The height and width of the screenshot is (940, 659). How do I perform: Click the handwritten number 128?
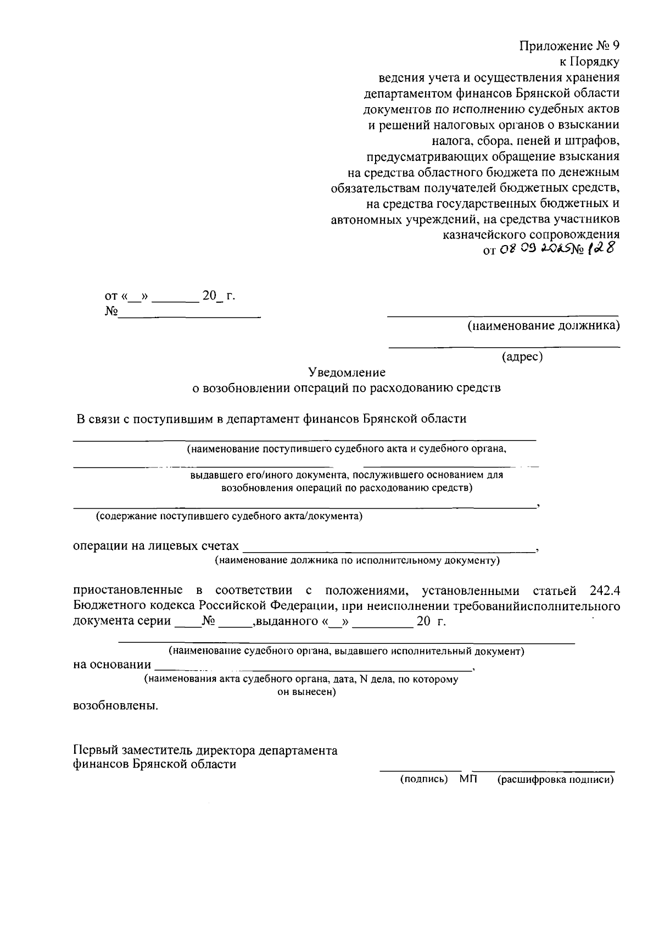[600, 249]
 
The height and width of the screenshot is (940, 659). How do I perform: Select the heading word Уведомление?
[347, 372]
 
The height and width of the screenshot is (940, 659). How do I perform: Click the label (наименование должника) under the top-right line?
[543, 326]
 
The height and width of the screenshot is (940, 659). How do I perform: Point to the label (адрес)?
[522, 357]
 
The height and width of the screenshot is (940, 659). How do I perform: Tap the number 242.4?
[605, 591]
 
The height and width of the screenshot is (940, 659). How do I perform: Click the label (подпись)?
[423, 779]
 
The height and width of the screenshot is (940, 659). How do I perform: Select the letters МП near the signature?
[468, 779]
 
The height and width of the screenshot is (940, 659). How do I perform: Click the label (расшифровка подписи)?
[555, 779]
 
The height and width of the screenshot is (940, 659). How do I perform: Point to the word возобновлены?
[115, 706]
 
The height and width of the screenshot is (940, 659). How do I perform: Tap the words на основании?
[112, 665]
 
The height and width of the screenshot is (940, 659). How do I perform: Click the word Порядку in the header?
[595, 62]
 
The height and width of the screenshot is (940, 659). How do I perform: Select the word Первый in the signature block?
[92, 750]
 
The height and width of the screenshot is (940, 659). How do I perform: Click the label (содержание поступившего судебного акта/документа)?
[229, 516]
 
